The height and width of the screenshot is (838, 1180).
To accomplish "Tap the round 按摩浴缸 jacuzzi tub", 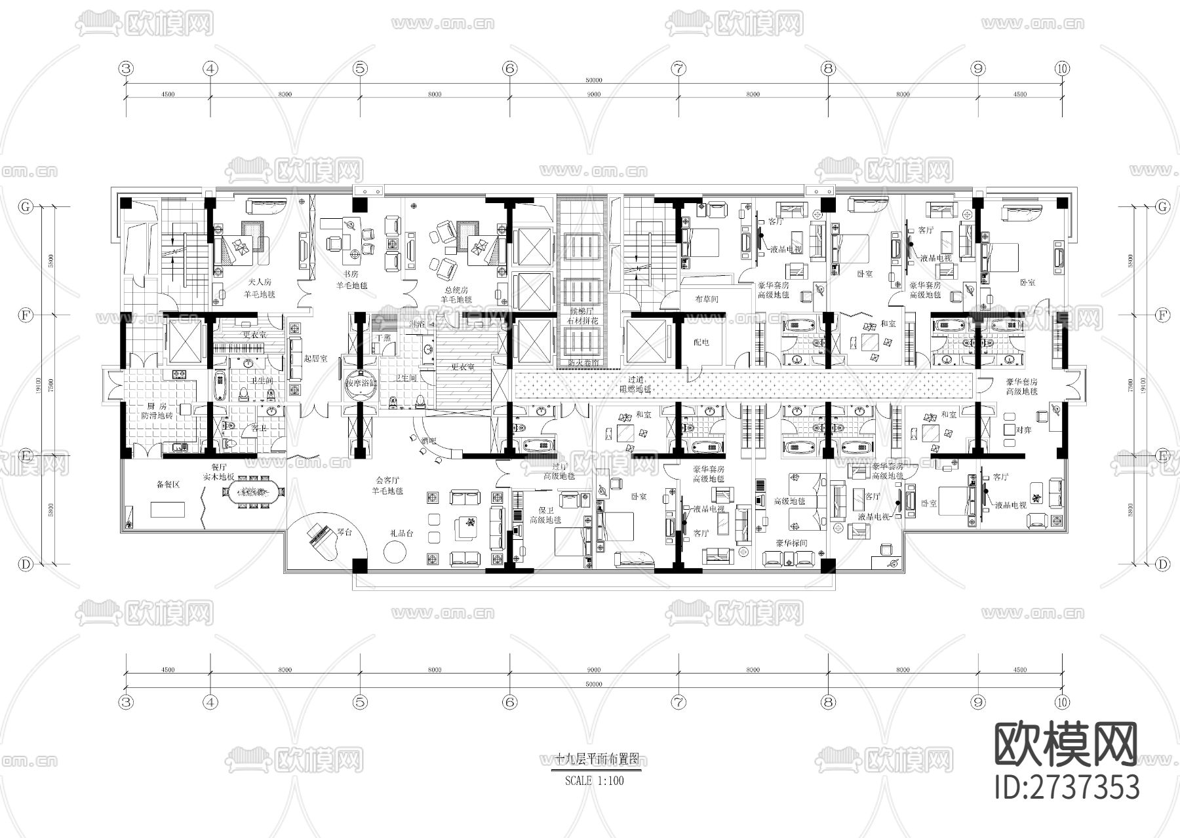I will tap(361, 385).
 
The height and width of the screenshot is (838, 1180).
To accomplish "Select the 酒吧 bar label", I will tap(429, 442).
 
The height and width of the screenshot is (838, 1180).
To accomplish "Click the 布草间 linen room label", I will tap(707, 299).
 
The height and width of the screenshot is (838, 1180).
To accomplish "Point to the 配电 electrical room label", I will tap(701, 343).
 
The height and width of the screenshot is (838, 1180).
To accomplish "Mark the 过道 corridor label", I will tap(635, 379).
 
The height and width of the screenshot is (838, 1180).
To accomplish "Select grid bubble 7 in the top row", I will tap(678, 68).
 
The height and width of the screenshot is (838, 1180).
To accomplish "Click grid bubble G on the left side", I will tap(26, 206).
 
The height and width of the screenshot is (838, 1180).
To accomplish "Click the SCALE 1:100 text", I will tap(594, 781).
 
